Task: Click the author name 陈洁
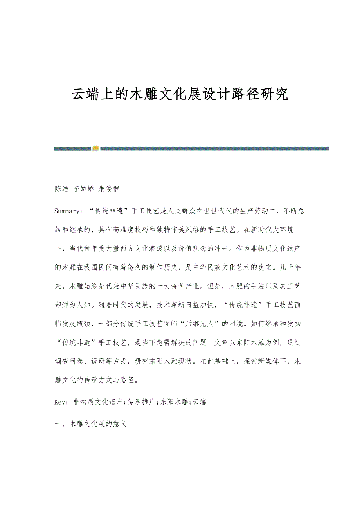point(61,189)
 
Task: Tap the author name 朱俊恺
point(109,189)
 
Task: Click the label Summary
point(68,211)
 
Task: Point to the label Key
point(61,402)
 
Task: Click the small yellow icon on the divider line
point(95,148)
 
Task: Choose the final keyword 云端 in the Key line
point(200,402)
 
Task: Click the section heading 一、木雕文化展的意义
point(90,424)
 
